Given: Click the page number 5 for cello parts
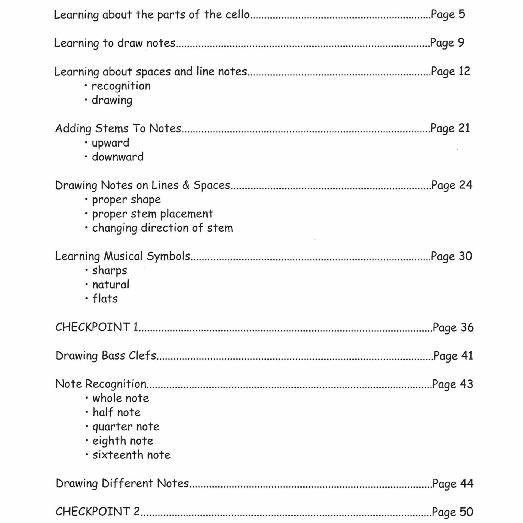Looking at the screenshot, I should click(x=461, y=14).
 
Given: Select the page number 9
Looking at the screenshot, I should click(x=461, y=43).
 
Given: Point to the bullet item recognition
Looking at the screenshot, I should click(x=121, y=86).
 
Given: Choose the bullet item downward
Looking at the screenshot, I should click(x=118, y=157).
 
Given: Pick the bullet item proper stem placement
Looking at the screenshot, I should click(x=152, y=214).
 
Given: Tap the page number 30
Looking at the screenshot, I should click(x=465, y=256).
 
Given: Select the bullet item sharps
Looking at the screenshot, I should click(x=110, y=271).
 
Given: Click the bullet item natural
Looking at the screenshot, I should click(x=111, y=285).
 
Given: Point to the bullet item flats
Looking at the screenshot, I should click(x=105, y=299).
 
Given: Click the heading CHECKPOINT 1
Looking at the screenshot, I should click(x=97, y=327).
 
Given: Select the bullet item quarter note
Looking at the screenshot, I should click(x=126, y=427).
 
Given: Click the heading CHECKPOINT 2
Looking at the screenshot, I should click(x=98, y=511).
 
